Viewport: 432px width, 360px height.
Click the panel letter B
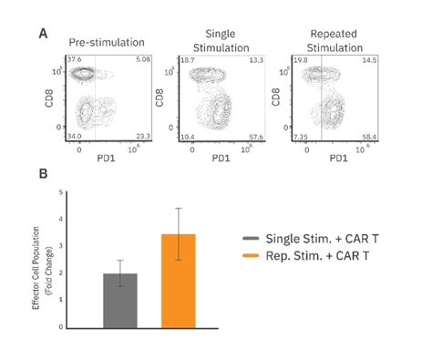pos(44,172)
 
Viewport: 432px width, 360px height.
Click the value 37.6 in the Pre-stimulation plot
pos(73,59)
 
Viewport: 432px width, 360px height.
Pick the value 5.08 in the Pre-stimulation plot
pos(142,59)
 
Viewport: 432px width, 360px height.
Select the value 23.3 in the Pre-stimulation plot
pos(142,136)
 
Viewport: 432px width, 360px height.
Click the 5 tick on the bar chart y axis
pos(59,191)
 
